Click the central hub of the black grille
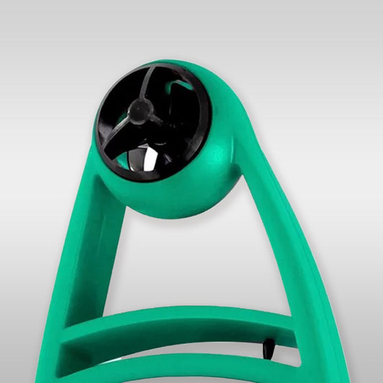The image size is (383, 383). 139,109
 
